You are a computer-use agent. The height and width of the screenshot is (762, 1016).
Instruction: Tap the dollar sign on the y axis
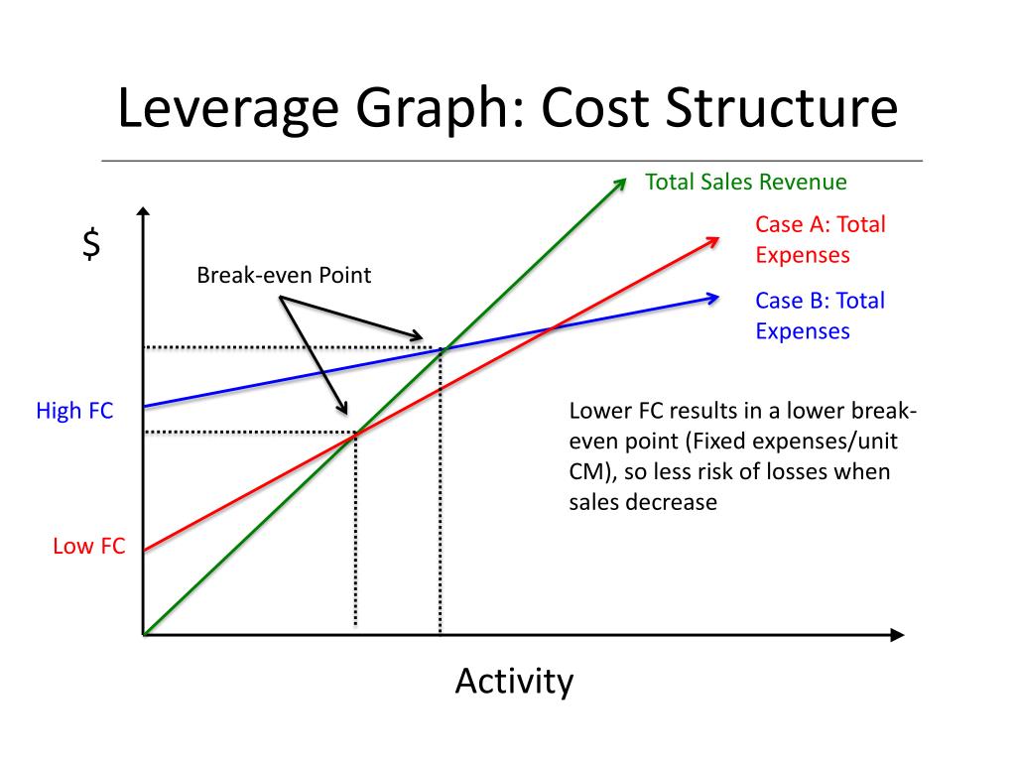click(91, 243)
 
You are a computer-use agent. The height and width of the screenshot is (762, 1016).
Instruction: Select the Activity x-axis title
click(514, 682)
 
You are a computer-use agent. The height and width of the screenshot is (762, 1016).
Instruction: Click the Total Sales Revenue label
click(746, 183)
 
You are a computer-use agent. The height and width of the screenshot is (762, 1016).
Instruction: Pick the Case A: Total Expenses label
click(820, 239)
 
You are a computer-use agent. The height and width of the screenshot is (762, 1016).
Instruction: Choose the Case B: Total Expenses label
click(820, 316)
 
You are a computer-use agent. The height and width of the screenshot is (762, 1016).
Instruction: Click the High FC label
click(74, 410)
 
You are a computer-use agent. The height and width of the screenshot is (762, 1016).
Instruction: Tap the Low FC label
click(88, 545)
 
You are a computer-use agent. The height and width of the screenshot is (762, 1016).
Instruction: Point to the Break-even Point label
click(284, 275)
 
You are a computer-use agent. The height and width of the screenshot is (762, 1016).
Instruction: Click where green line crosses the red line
click(355, 433)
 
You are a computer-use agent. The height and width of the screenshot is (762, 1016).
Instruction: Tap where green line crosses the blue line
click(441, 348)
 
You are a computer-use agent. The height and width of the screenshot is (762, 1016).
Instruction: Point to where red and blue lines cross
click(552, 326)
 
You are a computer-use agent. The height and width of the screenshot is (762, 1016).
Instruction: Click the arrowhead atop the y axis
click(145, 212)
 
